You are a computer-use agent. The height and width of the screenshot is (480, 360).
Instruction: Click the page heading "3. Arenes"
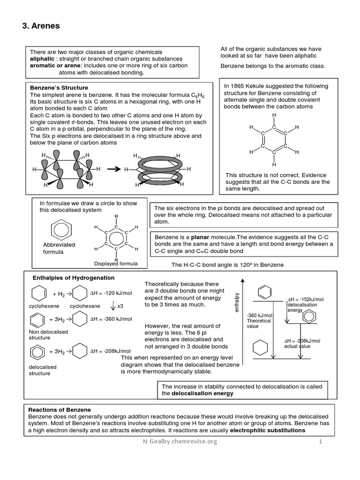click(41, 26)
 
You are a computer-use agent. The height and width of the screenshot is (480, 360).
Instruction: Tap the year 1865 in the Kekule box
click(239, 86)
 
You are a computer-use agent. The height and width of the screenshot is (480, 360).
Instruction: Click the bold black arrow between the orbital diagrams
click(113, 169)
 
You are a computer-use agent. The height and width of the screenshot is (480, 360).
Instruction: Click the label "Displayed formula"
click(116, 263)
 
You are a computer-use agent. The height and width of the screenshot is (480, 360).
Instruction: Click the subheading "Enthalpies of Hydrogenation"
click(74, 277)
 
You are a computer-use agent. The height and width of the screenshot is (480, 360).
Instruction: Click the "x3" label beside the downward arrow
click(120, 306)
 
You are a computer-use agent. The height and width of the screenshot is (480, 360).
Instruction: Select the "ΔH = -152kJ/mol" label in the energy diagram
click(305, 299)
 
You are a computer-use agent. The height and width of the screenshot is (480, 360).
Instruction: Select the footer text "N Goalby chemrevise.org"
click(180, 442)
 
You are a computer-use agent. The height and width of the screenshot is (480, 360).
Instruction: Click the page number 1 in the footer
click(322, 442)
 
